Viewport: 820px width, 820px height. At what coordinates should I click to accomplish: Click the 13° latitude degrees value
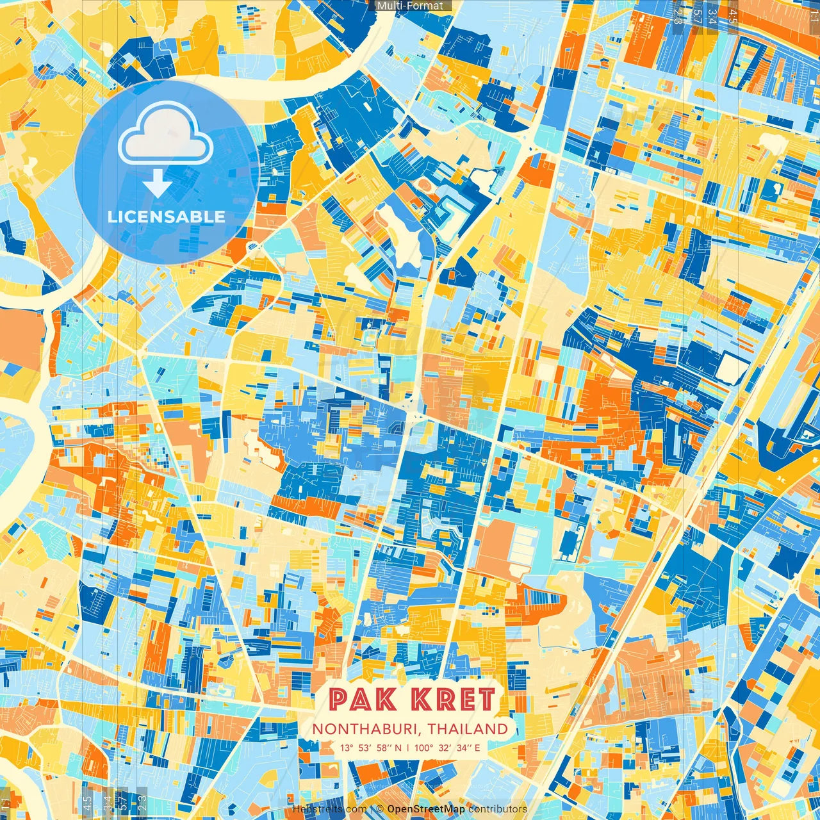(x=347, y=748)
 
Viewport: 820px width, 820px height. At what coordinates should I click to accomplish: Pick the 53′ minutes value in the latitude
(x=365, y=748)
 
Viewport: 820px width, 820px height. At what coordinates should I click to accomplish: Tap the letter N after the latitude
(x=398, y=748)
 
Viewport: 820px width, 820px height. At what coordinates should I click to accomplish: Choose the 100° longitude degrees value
(x=423, y=748)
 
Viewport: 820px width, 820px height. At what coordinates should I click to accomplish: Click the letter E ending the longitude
(x=477, y=748)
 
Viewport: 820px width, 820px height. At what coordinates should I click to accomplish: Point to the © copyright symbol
(x=380, y=809)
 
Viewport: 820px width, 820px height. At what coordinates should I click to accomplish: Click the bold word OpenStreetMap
(x=426, y=809)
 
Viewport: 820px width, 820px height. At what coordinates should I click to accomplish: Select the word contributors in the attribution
(x=498, y=809)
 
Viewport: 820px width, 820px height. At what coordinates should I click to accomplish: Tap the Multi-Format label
(x=410, y=6)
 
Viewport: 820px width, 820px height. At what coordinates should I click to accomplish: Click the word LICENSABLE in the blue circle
(x=167, y=217)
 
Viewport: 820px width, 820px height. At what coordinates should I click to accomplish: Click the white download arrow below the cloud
(x=157, y=184)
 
